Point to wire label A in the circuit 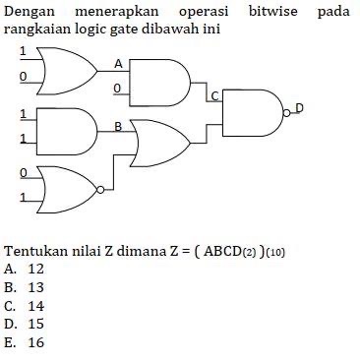(x=119, y=63)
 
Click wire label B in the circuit (x=119, y=126)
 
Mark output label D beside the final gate (x=299, y=106)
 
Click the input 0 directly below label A (x=117, y=89)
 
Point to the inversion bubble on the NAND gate (x=287, y=113)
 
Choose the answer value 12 (x=36, y=268)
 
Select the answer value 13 (x=36, y=286)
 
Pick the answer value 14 (x=36, y=305)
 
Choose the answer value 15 (x=36, y=324)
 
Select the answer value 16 (x=36, y=342)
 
